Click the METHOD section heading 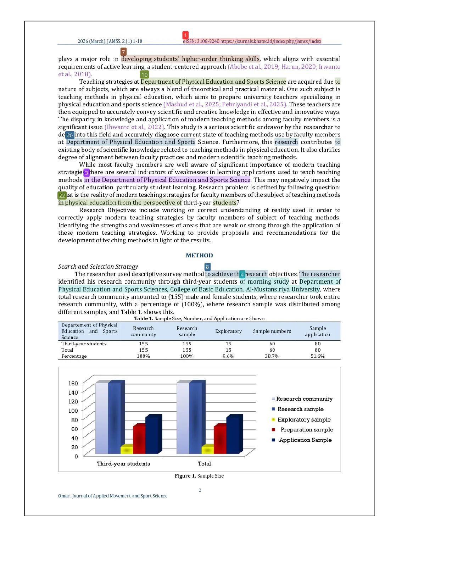coord(199,255)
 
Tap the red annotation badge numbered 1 coord(185,35)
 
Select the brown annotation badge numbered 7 coord(123,52)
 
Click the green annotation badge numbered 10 coord(144,74)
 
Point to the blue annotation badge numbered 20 coord(70,135)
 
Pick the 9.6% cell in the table coord(228,356)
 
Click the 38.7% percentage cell coord(272,356)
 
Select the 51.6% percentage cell coord(317,356)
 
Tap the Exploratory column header coord(228,331)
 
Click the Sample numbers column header coord(272,331)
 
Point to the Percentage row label coord(74,356)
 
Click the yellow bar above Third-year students coord(127,450)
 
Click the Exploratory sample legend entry coord(304,419)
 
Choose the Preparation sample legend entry coord(306,430)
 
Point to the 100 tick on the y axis coord(73,411)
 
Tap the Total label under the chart coord(204,463)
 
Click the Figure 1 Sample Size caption coord(199,476)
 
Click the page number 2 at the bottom coord(200,490)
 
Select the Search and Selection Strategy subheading coord(98,267)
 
